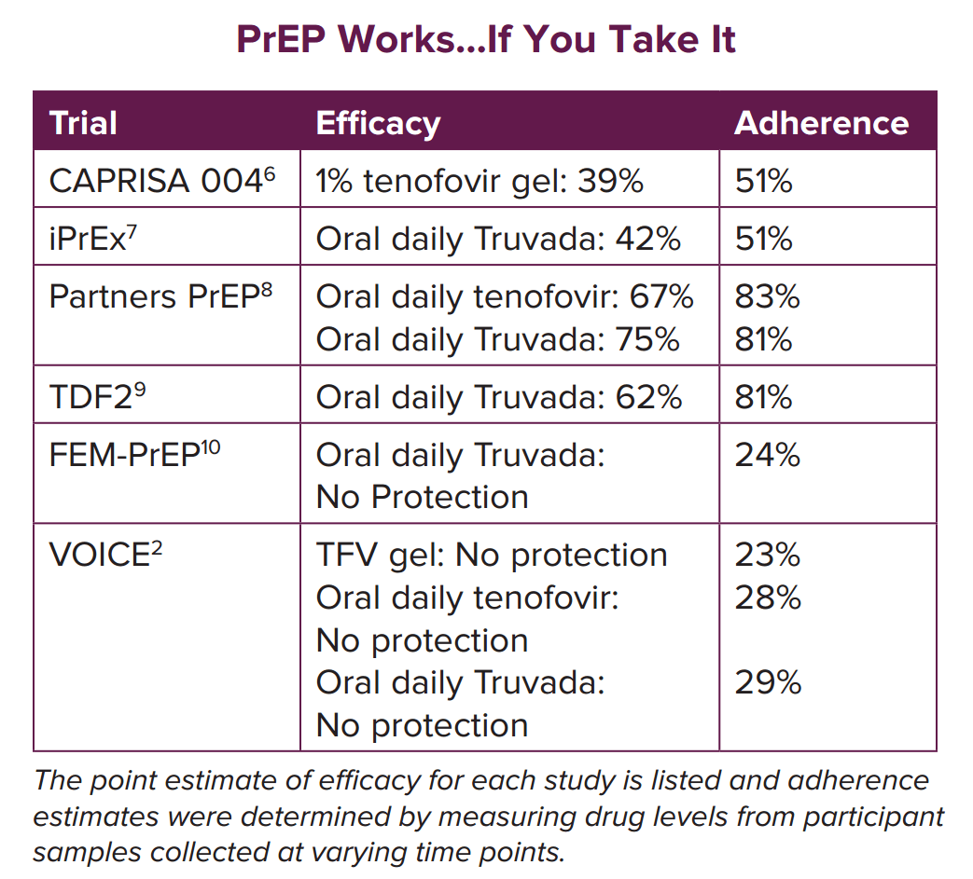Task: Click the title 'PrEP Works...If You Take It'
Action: click(486, 39)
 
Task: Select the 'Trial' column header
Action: click(83, 123)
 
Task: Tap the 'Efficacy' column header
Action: click(378, 123)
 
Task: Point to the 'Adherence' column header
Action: click(821, 123)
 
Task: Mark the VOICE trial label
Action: click(99, 555)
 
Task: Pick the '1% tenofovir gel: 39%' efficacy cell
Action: click(480, 180)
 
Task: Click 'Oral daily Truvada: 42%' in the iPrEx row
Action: click(498, 238)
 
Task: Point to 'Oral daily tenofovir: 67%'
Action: click(505, 296)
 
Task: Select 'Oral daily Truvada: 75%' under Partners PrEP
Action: click(497, 338)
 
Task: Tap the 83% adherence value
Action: click(767, 296)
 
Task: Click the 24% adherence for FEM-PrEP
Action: click(767, 455)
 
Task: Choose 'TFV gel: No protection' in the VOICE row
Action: click(492, 555)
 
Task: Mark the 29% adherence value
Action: click(768, 682)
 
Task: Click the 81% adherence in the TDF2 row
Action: click(764, 397)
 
